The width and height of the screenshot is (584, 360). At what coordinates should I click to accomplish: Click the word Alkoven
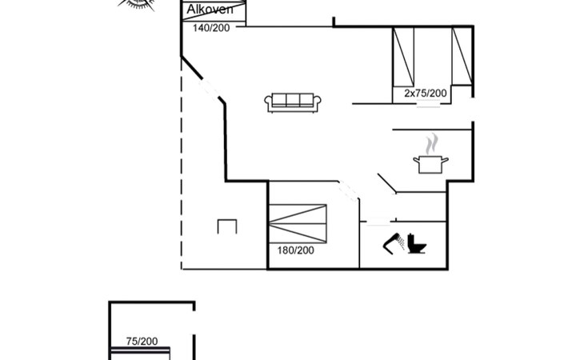pos(210,10)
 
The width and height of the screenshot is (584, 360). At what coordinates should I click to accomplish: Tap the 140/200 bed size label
pos(210,28)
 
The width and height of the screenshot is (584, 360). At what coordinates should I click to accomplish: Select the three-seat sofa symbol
pos(294,102)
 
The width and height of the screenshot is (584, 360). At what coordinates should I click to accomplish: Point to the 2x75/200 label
pos(425,94)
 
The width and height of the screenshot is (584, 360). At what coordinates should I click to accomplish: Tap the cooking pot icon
pos(431,163)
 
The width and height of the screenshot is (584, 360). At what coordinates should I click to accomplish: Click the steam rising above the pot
pos(432,143)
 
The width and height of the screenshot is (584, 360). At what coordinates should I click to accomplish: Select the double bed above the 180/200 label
pos(298,222)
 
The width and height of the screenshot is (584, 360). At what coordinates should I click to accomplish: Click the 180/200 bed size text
pos(295,250)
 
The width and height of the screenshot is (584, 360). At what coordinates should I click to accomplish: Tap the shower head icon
pos(394,242)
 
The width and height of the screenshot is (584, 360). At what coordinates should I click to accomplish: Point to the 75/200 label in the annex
pos(142,341)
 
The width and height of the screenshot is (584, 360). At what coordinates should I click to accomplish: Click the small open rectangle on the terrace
pos(227,226)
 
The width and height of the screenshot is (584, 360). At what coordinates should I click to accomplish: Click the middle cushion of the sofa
pos(294,101)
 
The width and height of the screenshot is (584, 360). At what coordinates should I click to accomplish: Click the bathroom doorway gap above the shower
pos(377,222)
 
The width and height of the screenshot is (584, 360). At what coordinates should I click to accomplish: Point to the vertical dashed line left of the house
pos(182,160)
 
